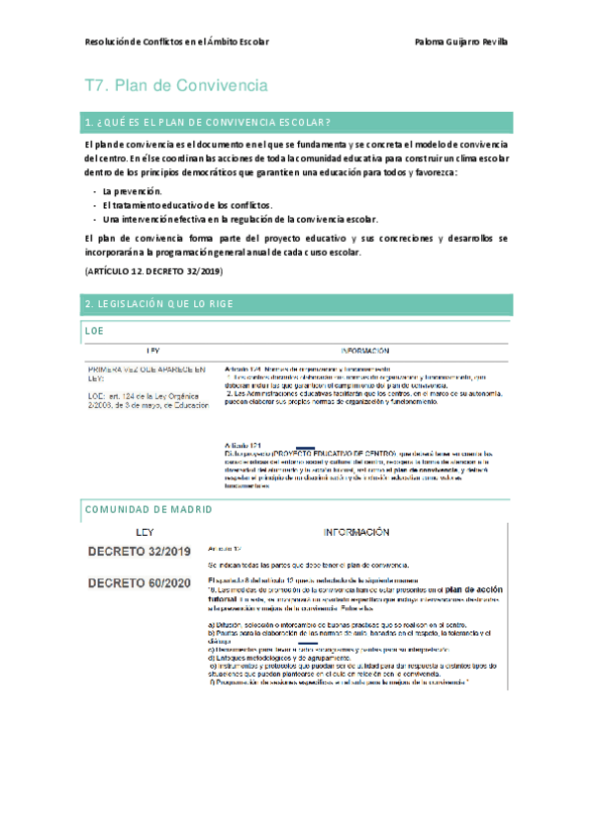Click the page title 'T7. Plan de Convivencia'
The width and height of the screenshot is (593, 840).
[x=176, y=86]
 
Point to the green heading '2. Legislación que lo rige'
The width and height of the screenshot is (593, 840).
[x=160, y=304]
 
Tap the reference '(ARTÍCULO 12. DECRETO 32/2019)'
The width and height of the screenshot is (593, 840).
[x=153, y=270]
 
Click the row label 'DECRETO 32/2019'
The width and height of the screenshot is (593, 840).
[x=140, y=551]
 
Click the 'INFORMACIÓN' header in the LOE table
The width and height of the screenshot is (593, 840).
[x=363, y=351]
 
